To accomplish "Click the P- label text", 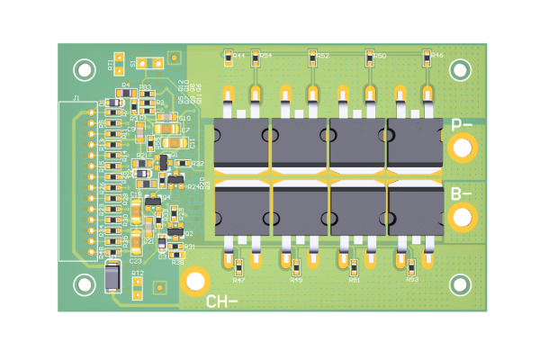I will [462, 125].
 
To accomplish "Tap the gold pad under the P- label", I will [463, 148].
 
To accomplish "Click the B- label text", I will [462, 193].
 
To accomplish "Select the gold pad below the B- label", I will [463, 216].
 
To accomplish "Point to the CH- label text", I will [222, 301].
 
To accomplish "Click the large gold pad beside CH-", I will [193, 281].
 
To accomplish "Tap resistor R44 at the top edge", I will [229, 55].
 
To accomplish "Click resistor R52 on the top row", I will [312, 56].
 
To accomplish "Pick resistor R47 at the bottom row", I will [238, 266].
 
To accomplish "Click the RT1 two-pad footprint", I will [120, 65].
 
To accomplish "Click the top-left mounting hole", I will [85, 68].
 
